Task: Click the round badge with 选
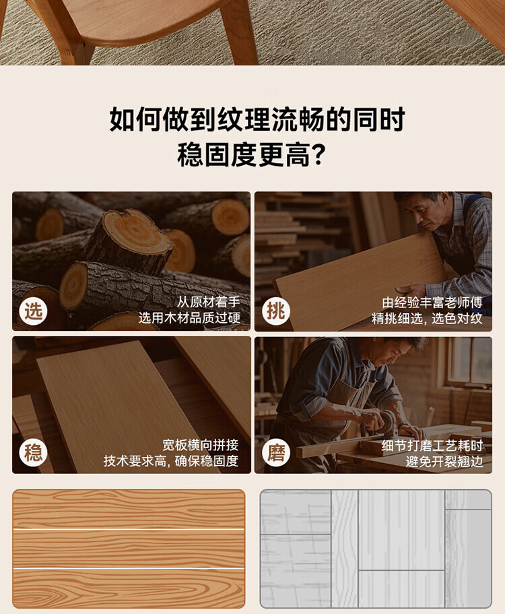click(33, 311)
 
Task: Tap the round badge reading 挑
click(276, 311)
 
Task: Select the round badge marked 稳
click(33, 453)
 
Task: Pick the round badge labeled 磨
click(276, 453)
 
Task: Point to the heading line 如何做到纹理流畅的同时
click(257, 119)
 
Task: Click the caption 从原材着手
click(208, 302)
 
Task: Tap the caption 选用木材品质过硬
click(189, 318)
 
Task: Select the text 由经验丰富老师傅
click(432, 303)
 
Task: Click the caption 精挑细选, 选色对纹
click(427, 318)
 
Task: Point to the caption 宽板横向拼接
click(200, 446)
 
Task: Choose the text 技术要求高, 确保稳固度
click(171, 461)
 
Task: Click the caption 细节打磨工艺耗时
click(432, 446)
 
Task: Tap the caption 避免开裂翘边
click(444, 462)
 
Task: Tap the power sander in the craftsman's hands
click(385, 424)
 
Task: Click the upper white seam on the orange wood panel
click(129, 529)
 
